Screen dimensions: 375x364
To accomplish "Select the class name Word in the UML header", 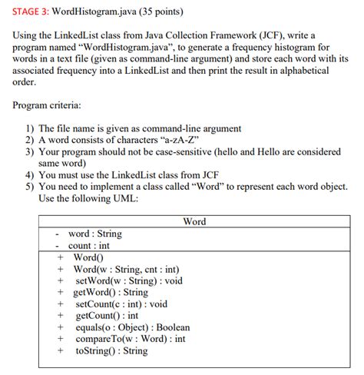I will [194, 221].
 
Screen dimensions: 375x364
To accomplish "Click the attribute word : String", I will [94, 234].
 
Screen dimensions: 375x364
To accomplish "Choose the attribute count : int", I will [89, 245].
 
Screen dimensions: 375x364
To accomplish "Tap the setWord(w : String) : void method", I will [128, 280].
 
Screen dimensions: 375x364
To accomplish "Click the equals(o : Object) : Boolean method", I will [131, 327].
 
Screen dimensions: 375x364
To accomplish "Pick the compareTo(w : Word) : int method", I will [131, 339].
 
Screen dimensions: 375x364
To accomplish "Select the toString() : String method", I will [111, 350].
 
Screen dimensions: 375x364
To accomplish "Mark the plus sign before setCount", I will [60, 304].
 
